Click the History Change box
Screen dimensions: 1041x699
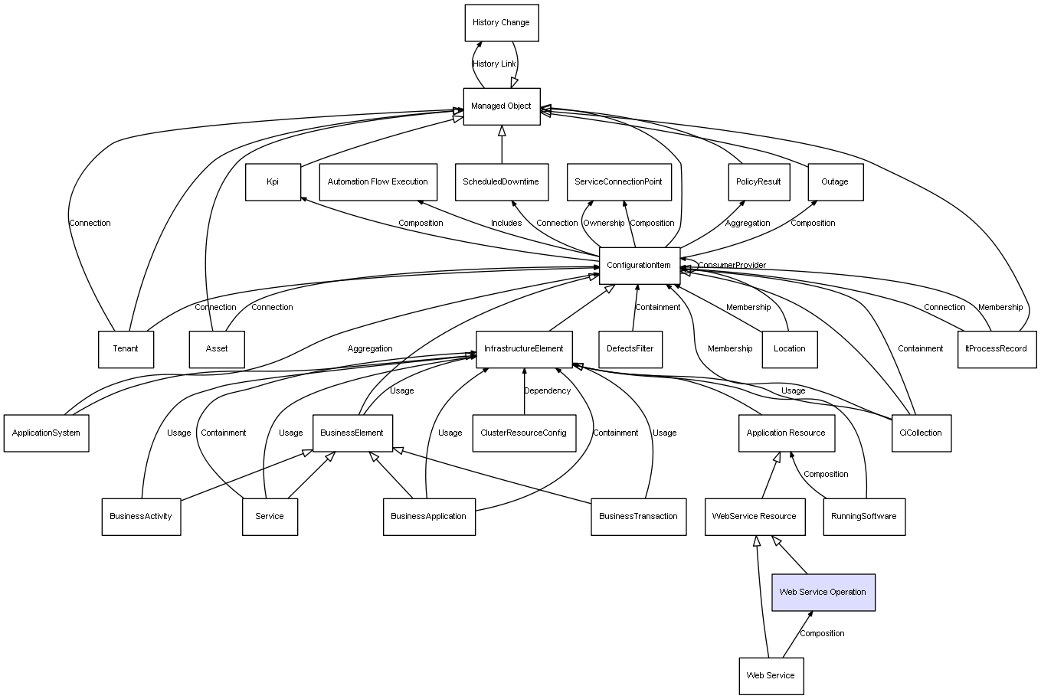(502, 23)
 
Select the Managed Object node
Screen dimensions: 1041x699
(502, 106)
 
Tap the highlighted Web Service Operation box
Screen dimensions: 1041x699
(823, 592)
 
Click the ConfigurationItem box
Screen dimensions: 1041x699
(640, 266)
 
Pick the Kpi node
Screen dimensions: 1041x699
(273, 182)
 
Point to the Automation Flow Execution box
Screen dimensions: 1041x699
(378, 182)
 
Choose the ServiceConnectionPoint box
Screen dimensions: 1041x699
(619, 182)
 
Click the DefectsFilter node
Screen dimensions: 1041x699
(630, 349)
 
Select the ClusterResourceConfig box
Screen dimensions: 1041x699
(524, 433)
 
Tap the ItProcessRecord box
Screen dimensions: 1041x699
(997, 349)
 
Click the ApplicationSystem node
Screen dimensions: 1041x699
(47, 433)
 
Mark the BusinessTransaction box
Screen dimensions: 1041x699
(639, 517)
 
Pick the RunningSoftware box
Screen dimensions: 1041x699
(864, 517)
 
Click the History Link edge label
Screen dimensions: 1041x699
(494, 64)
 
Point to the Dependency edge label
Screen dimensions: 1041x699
(548, 391)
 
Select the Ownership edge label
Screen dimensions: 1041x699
(604, 224)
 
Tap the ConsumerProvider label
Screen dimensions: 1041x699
(732, 265)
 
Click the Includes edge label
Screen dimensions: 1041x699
(506, 224)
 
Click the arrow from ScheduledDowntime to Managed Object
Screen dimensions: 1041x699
(502, 145)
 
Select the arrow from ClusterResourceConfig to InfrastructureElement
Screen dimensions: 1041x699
(524, 391)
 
